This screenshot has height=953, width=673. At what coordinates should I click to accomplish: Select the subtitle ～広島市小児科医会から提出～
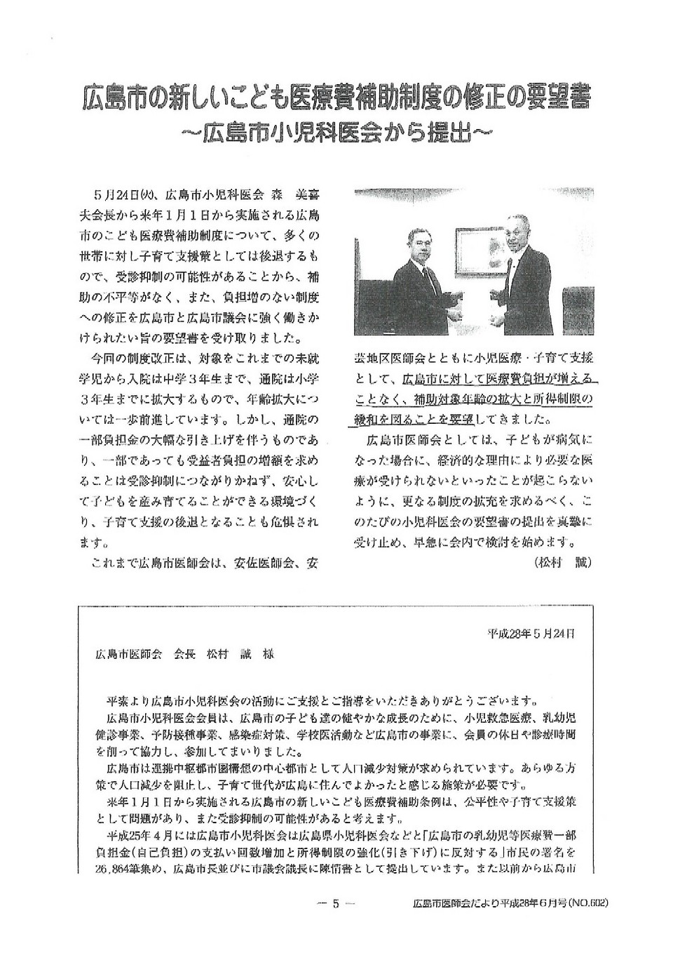(x=336, y=133)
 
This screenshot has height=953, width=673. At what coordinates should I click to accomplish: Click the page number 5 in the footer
(x=335, y=904)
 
